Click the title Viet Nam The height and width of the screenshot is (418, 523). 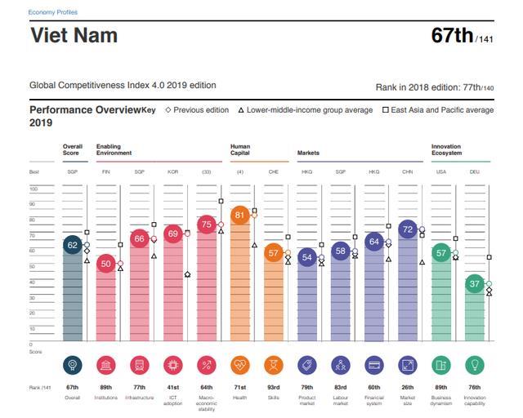(x=74, y=36)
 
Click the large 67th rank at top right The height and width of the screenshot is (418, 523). (x=454, y=36)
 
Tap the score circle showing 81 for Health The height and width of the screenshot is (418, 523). (x=239, y=216)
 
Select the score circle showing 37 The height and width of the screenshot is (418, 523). (x=474, y=283)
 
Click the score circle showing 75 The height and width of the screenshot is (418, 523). (x=207, y=225)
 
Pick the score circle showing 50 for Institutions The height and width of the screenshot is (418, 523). (x=106, y=263)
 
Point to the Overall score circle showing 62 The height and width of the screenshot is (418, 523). (x=73, y=245)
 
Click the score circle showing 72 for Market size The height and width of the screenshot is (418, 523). (x=408, y=229)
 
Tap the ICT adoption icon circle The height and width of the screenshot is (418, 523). (x=172, y=365)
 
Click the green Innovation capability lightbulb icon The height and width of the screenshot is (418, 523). (x=474, y=365)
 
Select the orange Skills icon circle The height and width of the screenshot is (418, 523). (x=274, y=365)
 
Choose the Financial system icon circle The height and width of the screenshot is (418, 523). (x=374, y=365)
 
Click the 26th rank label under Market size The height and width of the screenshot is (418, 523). (x=408, y=387)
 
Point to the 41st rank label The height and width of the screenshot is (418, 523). (x=172, y=387)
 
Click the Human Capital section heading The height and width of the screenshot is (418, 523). (x=240, y=149)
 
